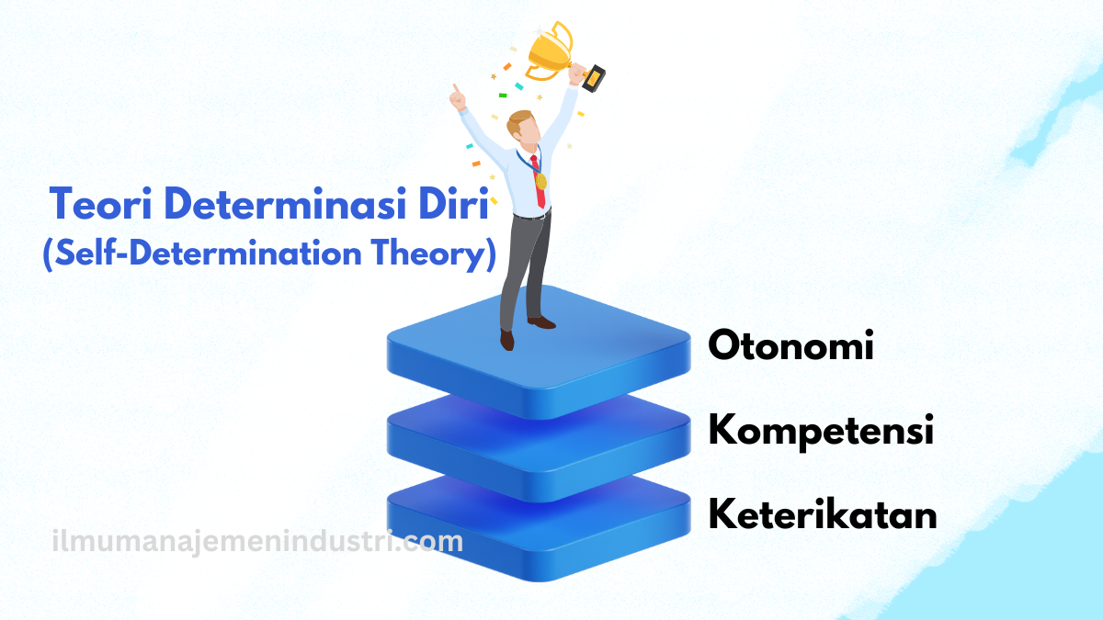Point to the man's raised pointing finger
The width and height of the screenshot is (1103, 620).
tap(453, 90)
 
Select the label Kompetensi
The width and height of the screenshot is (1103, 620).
tap(821, 431)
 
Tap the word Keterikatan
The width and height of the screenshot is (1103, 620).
tap(823, 514)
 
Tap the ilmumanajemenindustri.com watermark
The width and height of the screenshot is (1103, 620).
tap(257, 542)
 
